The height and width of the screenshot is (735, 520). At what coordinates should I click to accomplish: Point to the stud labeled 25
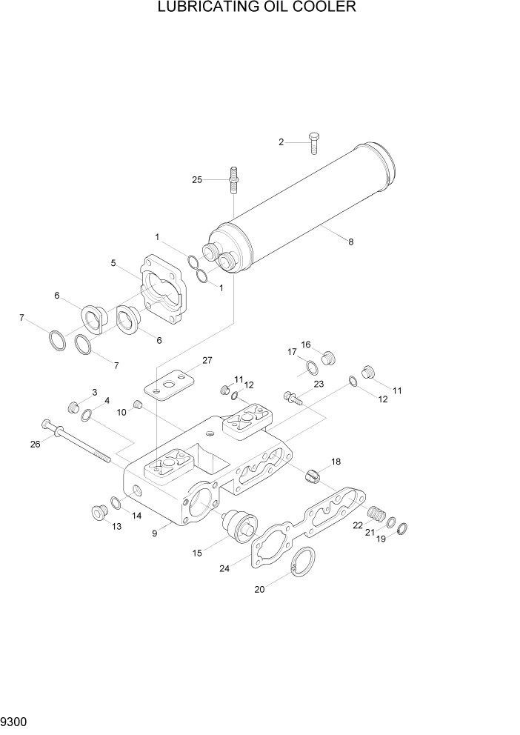(233, 180)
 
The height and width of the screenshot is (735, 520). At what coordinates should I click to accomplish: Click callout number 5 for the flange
(113, 262)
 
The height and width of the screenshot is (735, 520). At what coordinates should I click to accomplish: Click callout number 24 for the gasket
(224, 569)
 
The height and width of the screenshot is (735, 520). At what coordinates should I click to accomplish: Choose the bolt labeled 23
(293, 399)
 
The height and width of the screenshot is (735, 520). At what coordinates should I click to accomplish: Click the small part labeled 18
(311, 475)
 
